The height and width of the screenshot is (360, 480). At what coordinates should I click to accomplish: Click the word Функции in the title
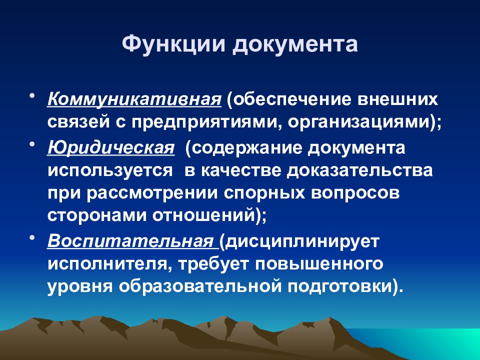(173, 44)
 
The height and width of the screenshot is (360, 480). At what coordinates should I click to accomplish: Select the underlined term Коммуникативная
(134, 100)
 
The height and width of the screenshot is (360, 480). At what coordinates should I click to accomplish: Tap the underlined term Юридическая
(111, 148)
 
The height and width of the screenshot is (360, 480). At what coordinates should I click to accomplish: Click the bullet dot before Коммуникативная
(32, 96)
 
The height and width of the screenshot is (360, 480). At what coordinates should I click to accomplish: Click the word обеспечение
(288, 100)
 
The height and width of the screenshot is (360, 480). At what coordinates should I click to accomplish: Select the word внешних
(398, 99)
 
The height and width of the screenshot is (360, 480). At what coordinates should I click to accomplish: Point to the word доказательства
(359, 170)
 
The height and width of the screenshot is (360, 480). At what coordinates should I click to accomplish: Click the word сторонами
(97, 215)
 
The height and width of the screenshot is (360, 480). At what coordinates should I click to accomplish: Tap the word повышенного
(319, 264)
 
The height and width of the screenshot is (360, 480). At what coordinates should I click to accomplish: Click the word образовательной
(200, 286)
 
